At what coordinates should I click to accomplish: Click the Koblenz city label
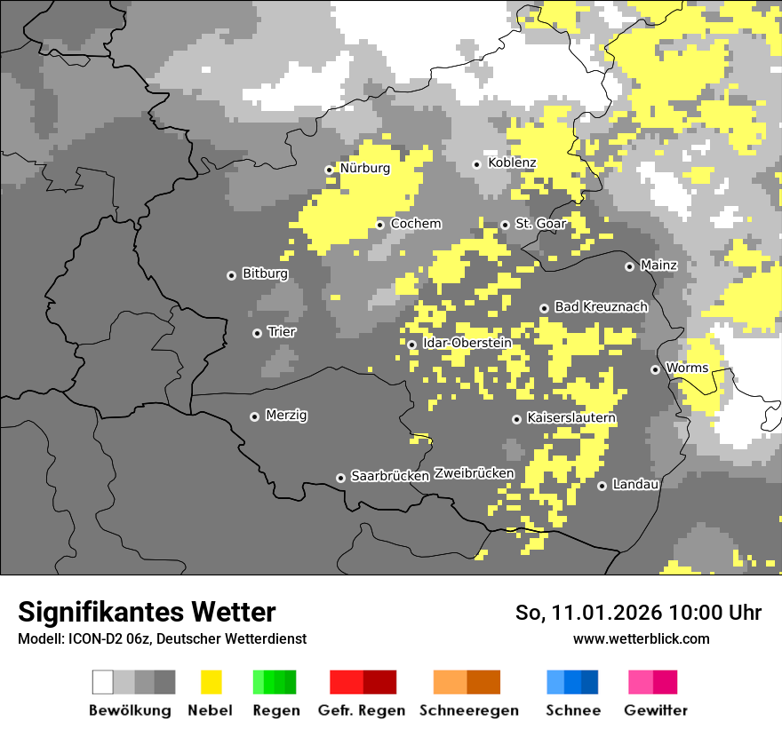(x=511, y=163)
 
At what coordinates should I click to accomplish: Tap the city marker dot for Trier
(x=258, y=333)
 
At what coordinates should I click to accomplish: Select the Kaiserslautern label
(x=571, y=418)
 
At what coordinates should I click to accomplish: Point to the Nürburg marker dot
(x=329, y=169)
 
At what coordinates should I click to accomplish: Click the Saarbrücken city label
(x=390, y=477)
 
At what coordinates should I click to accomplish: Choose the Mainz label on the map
(x=658, y=265)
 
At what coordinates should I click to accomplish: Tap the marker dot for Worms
(x=655, y=369)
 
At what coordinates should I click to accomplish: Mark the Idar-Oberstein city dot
(x=411, y=345)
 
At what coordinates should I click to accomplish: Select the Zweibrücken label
(x=475, y=474)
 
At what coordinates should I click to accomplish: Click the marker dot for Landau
(x=602, y=486)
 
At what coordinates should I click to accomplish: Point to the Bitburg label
(x=265, y=274)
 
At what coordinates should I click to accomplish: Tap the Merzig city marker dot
(x=254, y=416)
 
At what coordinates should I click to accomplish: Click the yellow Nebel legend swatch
(x=211, y=682)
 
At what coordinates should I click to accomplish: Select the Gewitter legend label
(x=656, y=710)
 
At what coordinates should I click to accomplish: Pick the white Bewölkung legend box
(x=103, y=682)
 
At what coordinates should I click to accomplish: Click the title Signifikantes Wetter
(x=147, y=613)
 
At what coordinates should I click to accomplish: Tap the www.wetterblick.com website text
(x=641, y=639)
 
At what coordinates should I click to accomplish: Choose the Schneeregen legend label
(x=468, y=710)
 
